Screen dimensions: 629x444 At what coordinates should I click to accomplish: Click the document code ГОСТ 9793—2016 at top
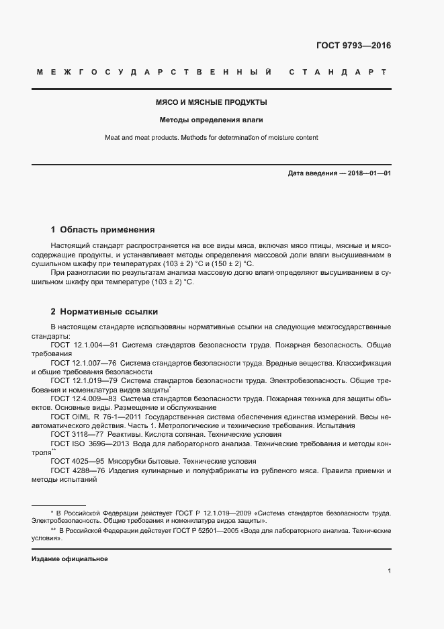[353, 46]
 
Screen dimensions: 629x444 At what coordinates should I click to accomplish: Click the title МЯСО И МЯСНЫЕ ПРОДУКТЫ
[211, 103]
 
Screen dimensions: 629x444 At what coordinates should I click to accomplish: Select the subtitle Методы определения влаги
[211, 120]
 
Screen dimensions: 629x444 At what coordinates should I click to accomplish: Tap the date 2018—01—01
[369, 173]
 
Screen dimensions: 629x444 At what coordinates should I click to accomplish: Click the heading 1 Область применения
[103, 229]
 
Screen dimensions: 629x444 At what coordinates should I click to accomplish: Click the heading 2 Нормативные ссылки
[104, 312]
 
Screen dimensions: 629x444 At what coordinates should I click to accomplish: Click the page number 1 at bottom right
[389, 571]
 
